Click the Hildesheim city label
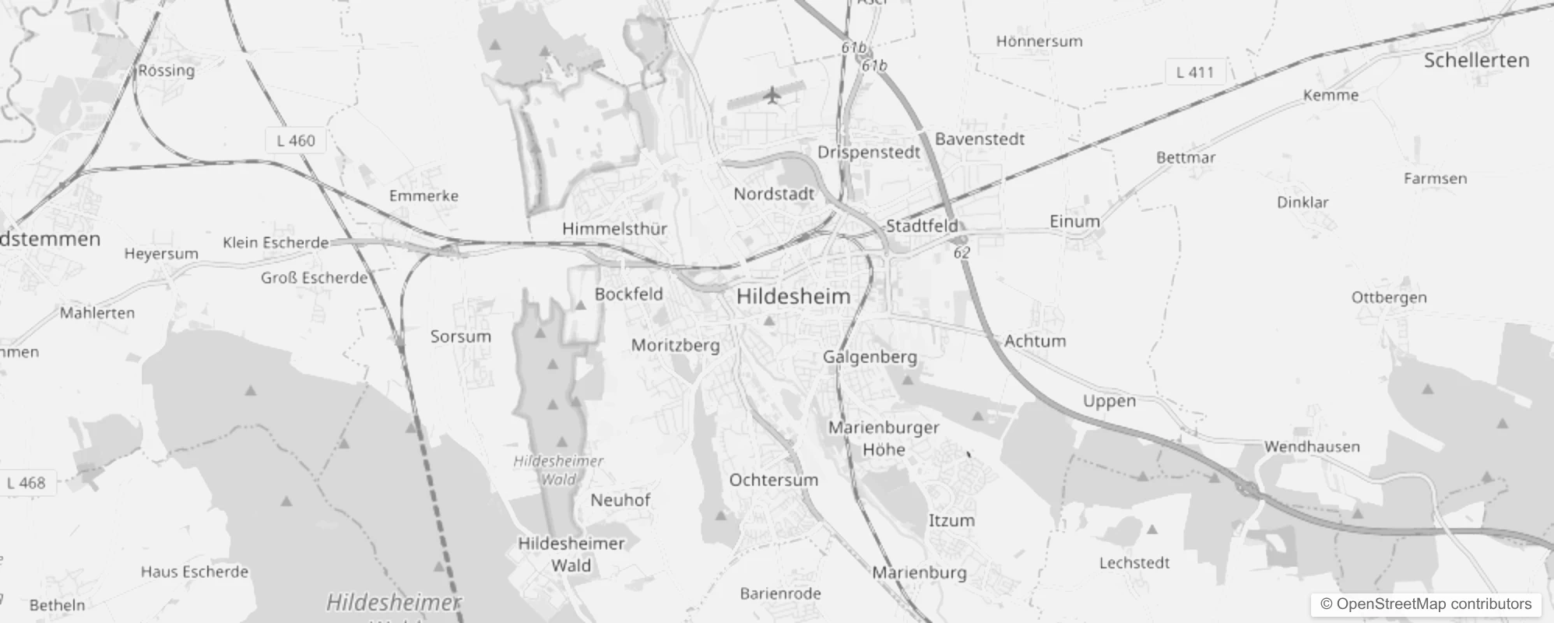click(x=793, y=297)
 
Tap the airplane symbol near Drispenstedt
click(x=772, y=96)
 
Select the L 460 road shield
click(x=296, y=141)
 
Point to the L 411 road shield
click(x=1194, y=72)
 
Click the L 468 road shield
click(x=26, y=483)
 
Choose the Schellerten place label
click(x=1476, y=61)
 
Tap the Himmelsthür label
click(x=614, y=229)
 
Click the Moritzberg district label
click(x=675, y=345)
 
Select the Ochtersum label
click(x=773, y=480)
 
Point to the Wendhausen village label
click(x=1312, y=447)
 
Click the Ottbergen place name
click(x=1389, y=297)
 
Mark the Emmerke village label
click(x=424, y=196)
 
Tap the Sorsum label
click(x=461, y=337)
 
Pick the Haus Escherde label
click(x=195, y=572)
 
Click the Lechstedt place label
click(x=1134, y=562)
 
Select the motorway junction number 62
click(x=962, y=253)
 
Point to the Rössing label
click(x=167, y=71)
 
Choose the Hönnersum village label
click(x=1039, y=41)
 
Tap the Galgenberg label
click(x=870, y=357)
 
